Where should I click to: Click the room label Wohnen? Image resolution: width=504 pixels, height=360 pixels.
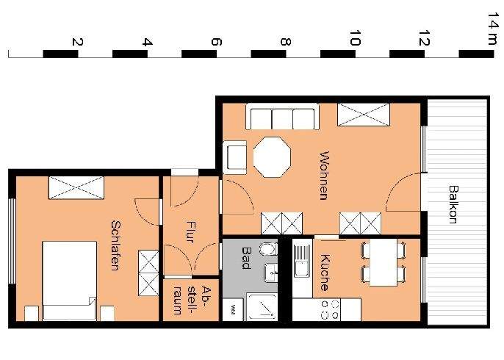[324, 176]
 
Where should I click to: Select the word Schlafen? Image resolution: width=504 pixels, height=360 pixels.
[115, 245]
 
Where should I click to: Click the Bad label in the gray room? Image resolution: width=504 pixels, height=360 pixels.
[246, 257]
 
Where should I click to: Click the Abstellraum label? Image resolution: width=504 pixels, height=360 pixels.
[185, 300]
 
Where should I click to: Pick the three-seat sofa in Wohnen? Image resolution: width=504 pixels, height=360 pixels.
[283, 118]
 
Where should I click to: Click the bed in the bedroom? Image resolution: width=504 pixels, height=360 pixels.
[69, 280]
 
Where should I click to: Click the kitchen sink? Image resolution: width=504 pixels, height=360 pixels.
[300, 261]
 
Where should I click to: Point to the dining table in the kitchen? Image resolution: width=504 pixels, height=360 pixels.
[382, 263]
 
